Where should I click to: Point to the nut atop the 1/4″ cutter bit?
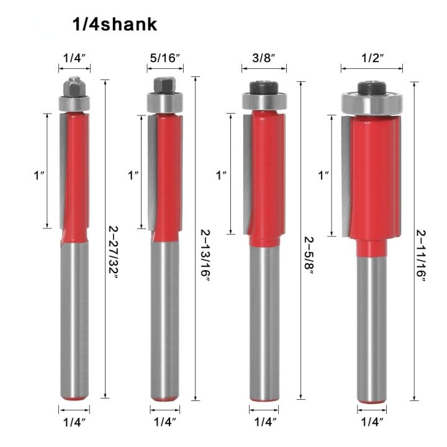[74, 84]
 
